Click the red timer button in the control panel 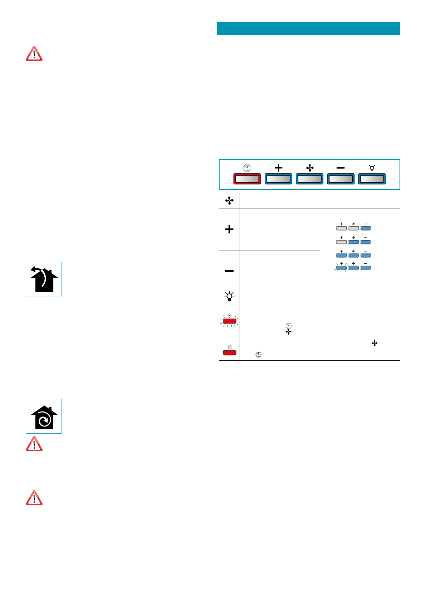click(247, 179)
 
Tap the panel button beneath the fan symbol click(310, 179)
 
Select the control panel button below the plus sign click(278, 179)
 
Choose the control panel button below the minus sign click(341, 179)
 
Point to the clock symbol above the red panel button click(247, 168)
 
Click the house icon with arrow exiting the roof click(44, 279)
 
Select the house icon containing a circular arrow click(44, 416)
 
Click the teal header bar click(308, 29)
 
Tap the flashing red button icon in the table click(230, 321)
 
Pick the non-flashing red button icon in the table click(230, 352)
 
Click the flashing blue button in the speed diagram click(342, 267)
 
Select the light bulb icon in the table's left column click(229, 296)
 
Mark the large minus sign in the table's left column click(229, 271)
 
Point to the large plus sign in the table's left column click(229, 229)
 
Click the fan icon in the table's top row click(229, 201)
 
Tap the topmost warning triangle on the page click(34, 54)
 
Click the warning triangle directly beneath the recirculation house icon click(34, 444)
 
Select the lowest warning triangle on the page click(34, 498)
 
